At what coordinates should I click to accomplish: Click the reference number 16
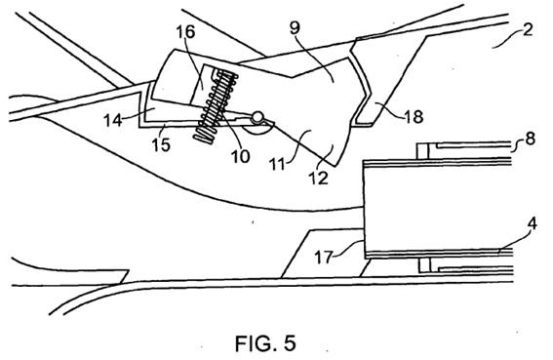click(x=185, y=32)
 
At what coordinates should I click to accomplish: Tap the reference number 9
click(x=296, y=28)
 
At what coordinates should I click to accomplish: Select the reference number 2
click(x=528, y=29)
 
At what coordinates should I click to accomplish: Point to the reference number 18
click(x=414, y=116)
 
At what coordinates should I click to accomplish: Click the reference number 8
click(x=530, y=139)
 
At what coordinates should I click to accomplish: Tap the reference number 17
click(x=324, y=257)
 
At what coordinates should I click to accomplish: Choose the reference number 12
click(x=319, y=178)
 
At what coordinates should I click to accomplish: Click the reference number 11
click(x=277, y=164)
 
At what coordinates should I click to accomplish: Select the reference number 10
click(x=241, y=156)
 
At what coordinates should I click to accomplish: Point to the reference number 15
click(x=161, y=144)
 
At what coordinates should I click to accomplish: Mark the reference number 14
click(x=113, y=120)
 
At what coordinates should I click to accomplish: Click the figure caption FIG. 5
click(x=265, y=343)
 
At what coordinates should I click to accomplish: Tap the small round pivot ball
click(x=257, y=117)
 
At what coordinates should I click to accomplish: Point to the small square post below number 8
click(x=422, y=151)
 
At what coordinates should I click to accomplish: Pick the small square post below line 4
click(x=425, y=265)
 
